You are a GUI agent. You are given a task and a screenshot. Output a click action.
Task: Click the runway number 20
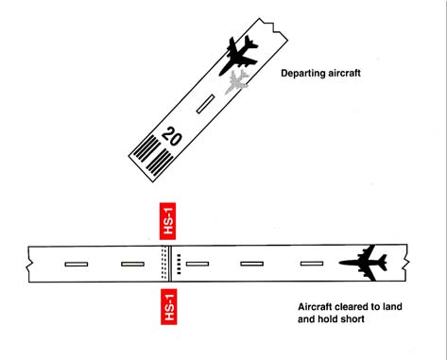[x=171, y=136]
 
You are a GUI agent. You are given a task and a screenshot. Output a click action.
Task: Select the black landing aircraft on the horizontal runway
[x=364, y=261]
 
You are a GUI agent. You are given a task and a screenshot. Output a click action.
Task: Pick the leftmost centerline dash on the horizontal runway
[x=77, y=263]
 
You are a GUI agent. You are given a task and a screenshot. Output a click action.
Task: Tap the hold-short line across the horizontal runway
[x=168, y=263]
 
